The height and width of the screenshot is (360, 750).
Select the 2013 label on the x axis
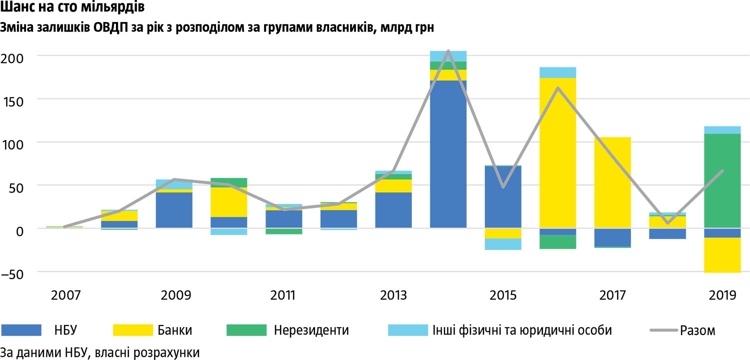point(393,295)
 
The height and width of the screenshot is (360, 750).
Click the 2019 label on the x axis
point(722,295)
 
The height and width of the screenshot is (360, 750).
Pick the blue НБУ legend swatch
point(21,330)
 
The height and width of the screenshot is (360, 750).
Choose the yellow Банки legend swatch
point(132,330)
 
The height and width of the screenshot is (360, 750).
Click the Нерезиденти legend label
point(311,330)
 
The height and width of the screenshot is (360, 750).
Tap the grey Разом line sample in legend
point(663,330)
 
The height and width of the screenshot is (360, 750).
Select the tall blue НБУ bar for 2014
point(448,154)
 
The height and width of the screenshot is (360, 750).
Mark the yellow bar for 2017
point(612,182)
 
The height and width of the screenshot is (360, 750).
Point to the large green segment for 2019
point(722,181)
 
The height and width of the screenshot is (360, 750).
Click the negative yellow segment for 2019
point(722,255)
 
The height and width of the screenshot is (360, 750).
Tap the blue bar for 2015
point(503,197)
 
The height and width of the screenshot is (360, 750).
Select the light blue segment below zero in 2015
point(503,244)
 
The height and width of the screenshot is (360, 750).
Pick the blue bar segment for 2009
point(173,210)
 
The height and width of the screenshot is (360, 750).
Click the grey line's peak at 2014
point(448,51)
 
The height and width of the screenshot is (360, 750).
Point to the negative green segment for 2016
point(557,242)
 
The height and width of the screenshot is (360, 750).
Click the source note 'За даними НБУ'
point(100,352)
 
